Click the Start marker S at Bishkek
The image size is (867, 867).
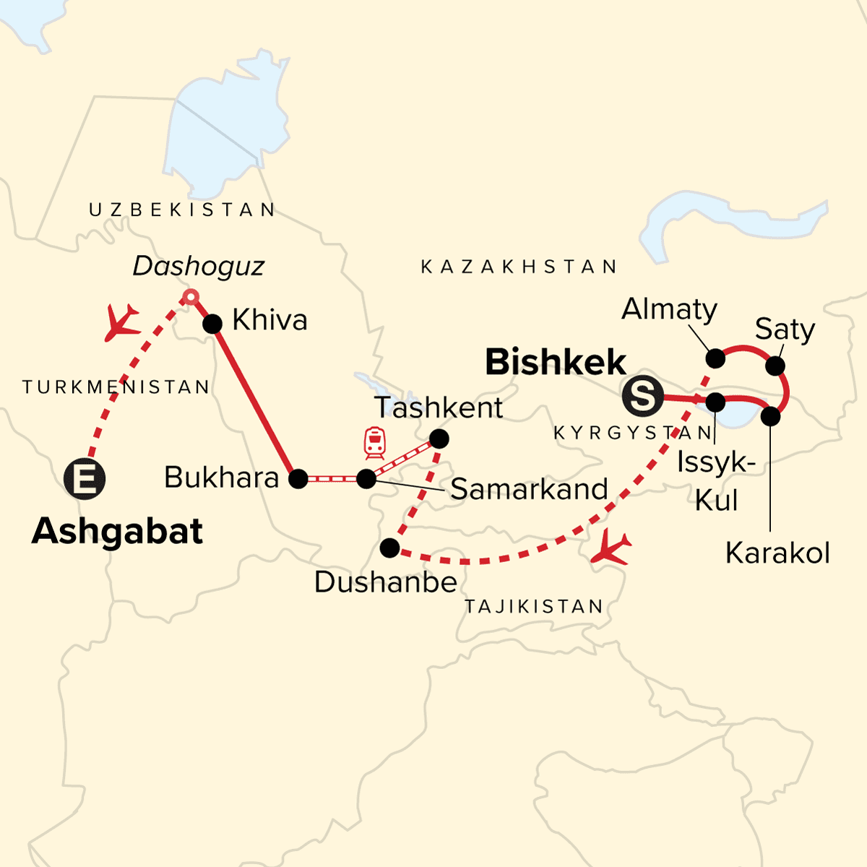[642, 397]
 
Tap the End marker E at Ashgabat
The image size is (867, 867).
[85, 478]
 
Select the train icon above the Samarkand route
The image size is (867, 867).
[374, 442]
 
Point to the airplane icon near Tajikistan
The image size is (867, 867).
[611, 549]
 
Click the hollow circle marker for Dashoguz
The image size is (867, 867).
[190, 296]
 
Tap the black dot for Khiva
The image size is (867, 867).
[212, 324]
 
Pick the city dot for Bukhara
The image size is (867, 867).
[298, 478]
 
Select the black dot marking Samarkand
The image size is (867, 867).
[366, 478]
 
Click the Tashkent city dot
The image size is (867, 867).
[439, 439]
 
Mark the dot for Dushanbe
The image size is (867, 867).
[389, 548]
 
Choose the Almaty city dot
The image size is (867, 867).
[715, 358]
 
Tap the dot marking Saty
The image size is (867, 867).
[775, 366]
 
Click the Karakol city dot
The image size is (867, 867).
[771, 416]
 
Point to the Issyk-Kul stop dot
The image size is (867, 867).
[715, 402]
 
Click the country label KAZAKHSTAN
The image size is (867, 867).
[519, 267]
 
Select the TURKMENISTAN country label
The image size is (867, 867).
[116, 387]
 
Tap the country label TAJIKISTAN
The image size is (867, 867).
[534, 606]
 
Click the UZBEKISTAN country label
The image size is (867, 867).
[182, 210]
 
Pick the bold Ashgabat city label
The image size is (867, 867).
[118, 532]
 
